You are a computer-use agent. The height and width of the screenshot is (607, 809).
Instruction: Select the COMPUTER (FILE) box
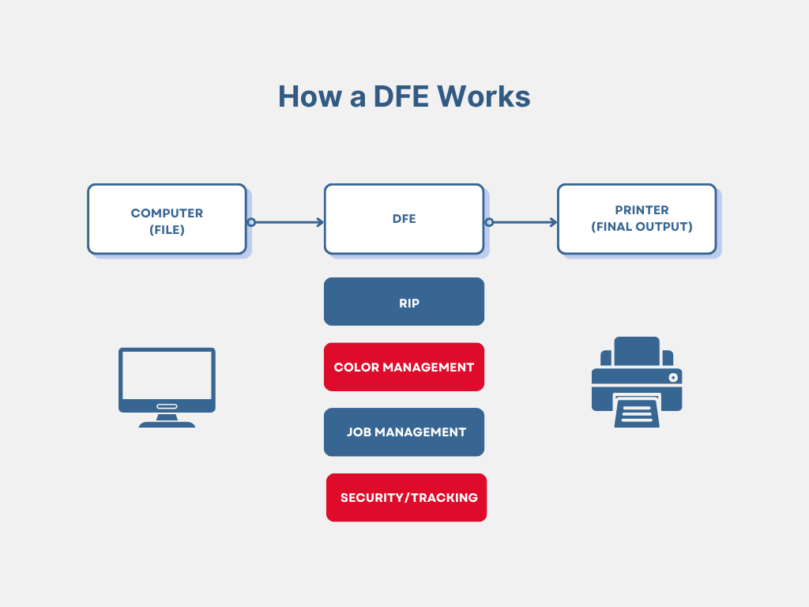167,219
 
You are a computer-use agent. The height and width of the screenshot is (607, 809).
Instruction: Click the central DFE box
404,219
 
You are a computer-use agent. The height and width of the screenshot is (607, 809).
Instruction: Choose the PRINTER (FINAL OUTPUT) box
637,219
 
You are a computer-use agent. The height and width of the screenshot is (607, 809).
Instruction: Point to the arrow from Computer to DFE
288,222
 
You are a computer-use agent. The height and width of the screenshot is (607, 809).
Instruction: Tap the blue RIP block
404,301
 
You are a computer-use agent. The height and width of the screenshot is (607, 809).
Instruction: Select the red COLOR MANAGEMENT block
404,367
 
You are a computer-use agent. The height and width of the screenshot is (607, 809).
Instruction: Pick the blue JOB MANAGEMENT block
404,432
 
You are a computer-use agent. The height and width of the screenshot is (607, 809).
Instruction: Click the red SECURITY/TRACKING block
406,497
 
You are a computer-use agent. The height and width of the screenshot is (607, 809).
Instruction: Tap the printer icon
637,383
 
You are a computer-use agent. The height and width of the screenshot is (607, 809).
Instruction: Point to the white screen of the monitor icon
167,375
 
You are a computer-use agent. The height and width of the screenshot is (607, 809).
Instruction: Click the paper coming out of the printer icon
637,411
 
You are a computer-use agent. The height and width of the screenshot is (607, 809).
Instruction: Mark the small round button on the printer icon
672,378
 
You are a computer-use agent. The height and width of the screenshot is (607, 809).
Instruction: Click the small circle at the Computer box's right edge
251,222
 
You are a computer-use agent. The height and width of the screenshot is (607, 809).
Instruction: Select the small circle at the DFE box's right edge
489,222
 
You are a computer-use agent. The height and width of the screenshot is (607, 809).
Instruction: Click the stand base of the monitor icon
167,424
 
